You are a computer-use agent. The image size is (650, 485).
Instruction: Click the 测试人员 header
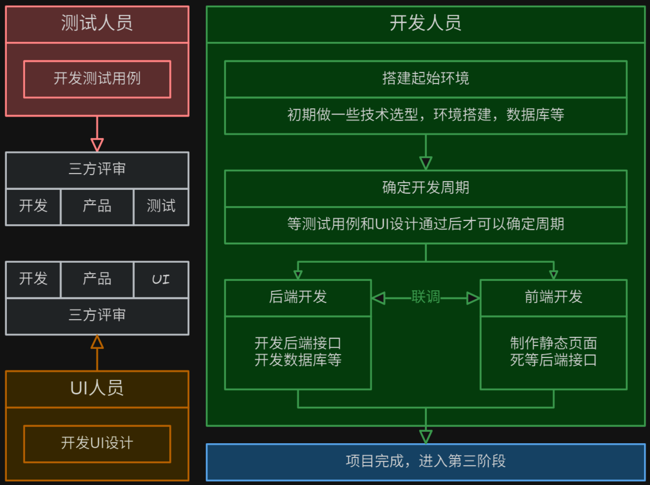(97, 23)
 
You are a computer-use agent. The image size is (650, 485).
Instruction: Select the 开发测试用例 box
(97, 79)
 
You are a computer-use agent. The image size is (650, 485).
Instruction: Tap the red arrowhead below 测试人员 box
(97, 145)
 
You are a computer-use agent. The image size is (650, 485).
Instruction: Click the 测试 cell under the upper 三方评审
(161, 206)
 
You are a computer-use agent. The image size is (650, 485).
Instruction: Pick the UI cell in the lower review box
(161, 279)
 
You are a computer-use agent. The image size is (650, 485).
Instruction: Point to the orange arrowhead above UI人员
(97, 342)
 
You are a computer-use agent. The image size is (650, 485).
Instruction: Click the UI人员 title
(97, 389)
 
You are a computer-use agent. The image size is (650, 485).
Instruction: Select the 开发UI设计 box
(97, 443)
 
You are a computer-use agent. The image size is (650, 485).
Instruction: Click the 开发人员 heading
(426, 23)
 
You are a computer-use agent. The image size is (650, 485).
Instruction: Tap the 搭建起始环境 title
(426, 78)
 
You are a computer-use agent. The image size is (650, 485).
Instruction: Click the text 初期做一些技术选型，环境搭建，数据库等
(426, 115)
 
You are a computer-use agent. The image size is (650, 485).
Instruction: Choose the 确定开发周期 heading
(426, 188)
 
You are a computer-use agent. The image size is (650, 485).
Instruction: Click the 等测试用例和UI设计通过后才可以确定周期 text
(426, 224)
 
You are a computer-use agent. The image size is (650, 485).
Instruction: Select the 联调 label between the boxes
(426, 297)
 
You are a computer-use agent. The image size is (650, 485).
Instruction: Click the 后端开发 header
(298, 297)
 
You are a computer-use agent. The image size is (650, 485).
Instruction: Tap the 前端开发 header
(554, 297)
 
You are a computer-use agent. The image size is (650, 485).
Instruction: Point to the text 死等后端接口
(554, 360)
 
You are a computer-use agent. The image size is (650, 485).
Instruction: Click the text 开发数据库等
(298, 360)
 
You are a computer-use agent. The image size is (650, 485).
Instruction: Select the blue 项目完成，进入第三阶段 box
(426, 462)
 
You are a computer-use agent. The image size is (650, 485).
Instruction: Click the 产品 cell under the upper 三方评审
(97, 206)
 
